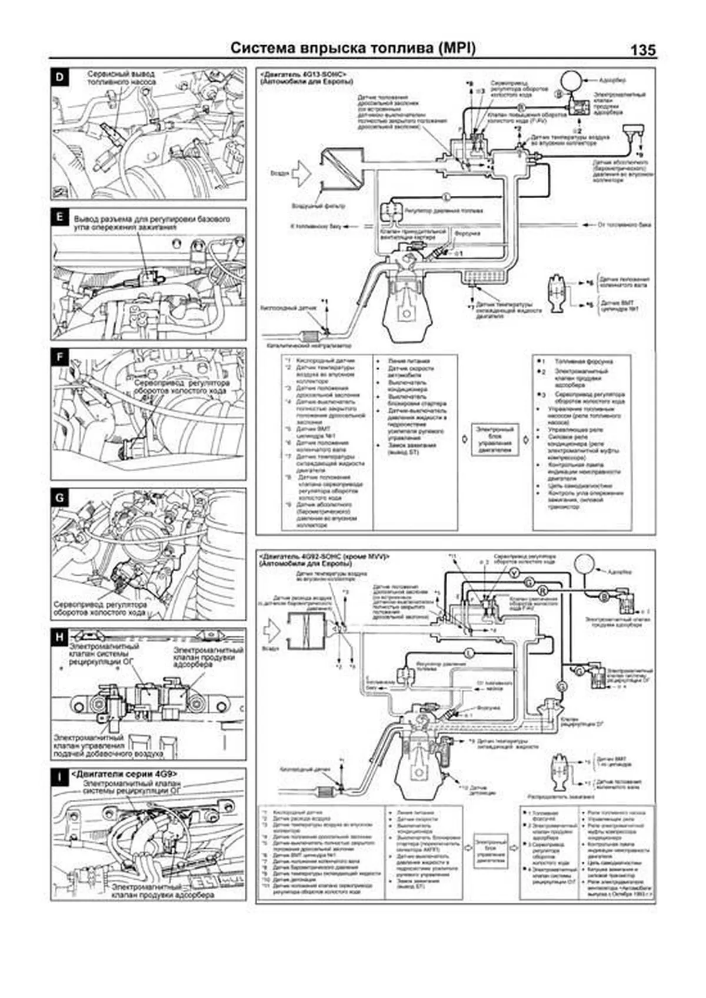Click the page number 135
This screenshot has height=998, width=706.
642,50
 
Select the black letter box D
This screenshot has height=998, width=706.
59,76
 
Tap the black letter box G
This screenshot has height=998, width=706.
59,498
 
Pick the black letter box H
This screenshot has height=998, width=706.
59,637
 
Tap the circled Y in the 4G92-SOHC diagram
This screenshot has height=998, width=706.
514,572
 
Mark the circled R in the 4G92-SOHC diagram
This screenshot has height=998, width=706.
543,589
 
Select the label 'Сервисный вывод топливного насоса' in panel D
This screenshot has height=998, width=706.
121,78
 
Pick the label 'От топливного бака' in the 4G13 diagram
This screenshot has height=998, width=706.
624,225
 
